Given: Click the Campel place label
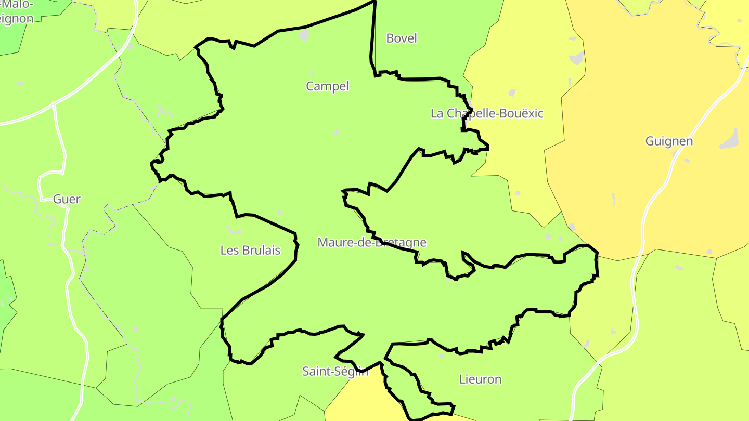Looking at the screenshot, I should (327, 86).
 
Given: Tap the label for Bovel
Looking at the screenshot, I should (402, 38).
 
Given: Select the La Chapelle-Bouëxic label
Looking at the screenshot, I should (487, 113).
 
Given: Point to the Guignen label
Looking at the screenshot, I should (669, 141).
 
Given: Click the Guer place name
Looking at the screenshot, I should (67, 199).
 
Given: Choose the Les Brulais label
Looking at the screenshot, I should (250, 250).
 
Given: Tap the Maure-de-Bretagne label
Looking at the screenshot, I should (372, 242).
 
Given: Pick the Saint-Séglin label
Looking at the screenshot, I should (335, 371).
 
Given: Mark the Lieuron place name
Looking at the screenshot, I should (480, 379).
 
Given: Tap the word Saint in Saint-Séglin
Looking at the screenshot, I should (315, 371).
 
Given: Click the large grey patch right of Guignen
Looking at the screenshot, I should (730, 139).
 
